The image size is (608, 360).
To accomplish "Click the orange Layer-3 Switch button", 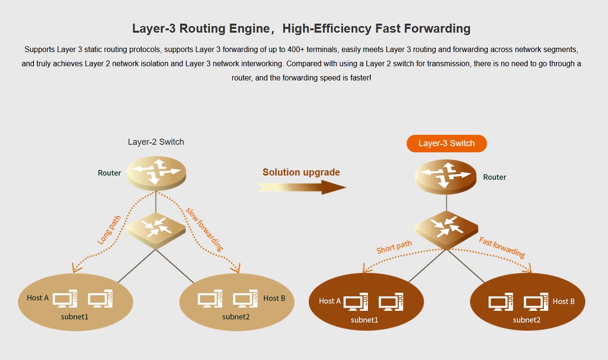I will [x=446, y=143].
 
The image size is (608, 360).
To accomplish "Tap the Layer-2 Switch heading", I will [x=156, y=142].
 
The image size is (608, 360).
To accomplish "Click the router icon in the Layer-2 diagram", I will [x=156, y=171].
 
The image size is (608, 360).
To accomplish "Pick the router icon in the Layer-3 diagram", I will [x=445, y=176].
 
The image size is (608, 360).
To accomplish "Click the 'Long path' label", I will [x=109, y=230].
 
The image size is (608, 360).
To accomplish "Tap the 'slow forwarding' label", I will [x=204, y=229].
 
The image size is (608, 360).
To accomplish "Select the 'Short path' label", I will [x=394, y=247].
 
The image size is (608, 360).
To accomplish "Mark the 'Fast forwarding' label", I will [x=502, y=247].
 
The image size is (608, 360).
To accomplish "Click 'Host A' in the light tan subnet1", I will [x=38, y=298].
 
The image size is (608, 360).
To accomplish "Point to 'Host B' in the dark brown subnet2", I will [x=564, y=301].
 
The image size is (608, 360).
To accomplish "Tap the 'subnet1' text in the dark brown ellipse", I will [x=365, y=320].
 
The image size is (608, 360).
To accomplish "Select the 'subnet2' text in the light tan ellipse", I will [x=236, y=316].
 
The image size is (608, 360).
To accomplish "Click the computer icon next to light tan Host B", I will [x=245, y=299].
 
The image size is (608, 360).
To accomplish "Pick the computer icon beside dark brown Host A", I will [x=356, y=303].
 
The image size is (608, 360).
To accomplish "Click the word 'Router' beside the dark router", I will [x=495, y=177].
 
